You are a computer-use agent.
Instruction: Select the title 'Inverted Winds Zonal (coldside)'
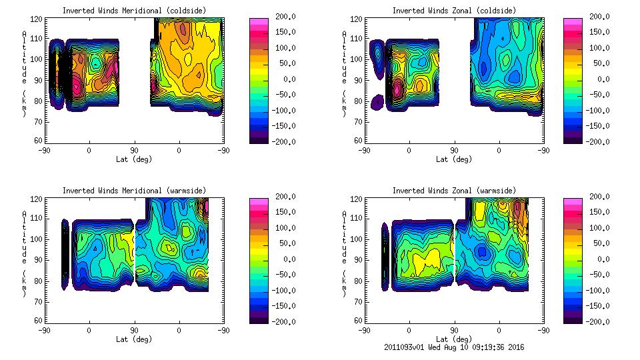pos(454,11)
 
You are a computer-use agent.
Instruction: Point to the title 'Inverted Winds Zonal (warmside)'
pos(454,191)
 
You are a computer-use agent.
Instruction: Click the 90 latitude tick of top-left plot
pos(134,151)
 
